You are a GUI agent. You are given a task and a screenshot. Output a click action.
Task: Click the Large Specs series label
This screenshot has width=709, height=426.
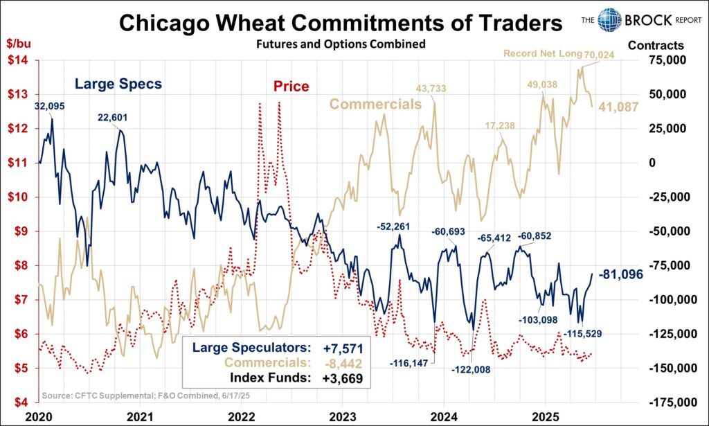(x=118, y=85)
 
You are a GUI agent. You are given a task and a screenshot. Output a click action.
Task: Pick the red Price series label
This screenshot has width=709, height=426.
(x=290, y=87)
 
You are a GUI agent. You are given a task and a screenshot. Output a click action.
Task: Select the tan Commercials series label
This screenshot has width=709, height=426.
(x=375, y=105)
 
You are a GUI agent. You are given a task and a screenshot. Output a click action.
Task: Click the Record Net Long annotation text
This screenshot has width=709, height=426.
(x=535, y=53)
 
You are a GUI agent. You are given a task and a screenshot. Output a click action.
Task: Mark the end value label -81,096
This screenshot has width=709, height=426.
(x=620, y=274)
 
